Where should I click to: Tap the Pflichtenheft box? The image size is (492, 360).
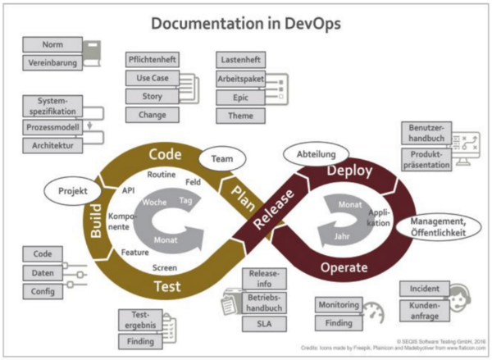(x=152, y=60)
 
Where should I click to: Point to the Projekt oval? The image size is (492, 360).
(x=72, y=191)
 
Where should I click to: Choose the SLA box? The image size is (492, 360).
(x=263, y=323)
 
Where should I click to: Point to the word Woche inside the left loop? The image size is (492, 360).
(x=155, y=202)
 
